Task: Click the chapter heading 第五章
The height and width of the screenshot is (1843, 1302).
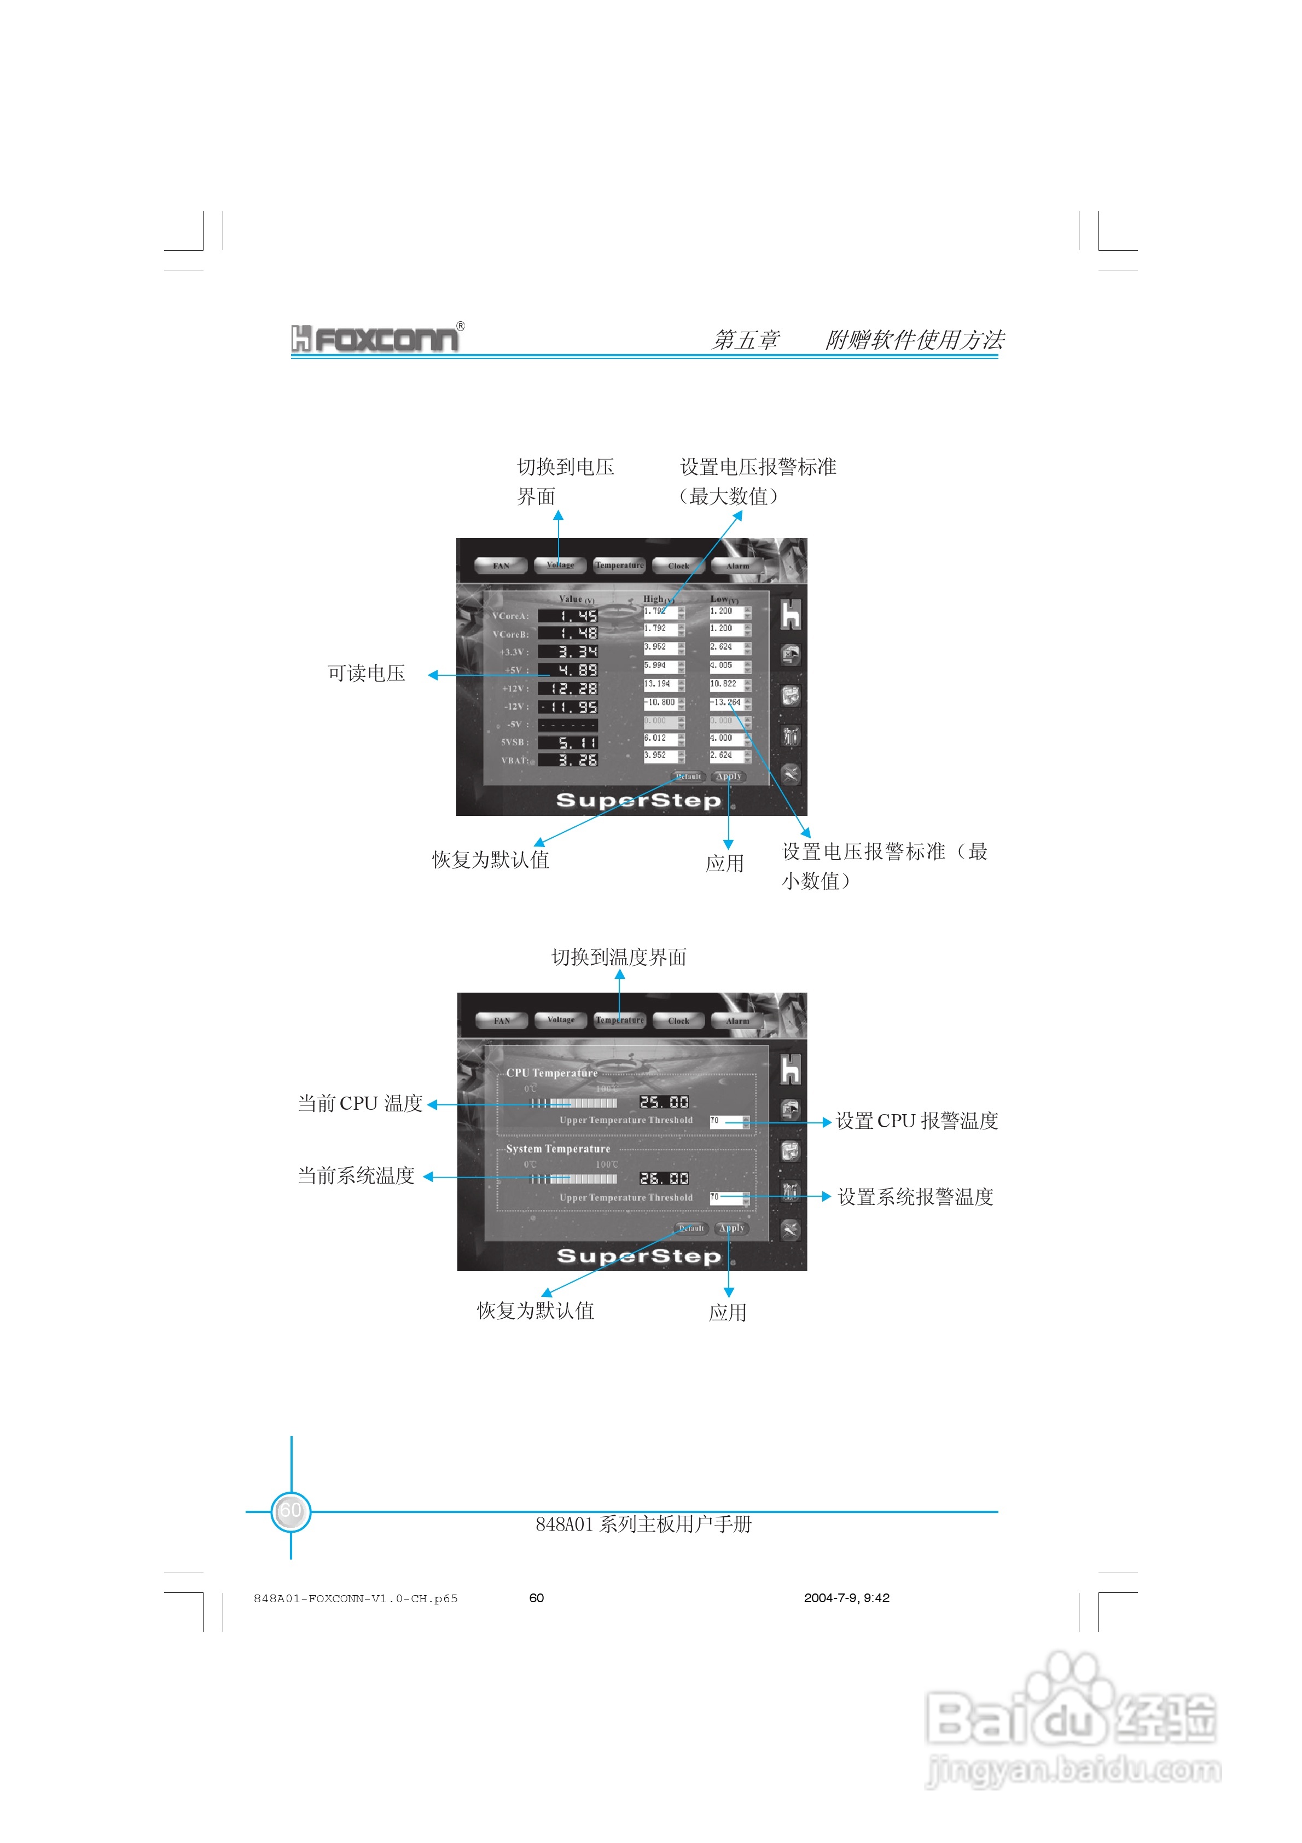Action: pyautogui.click(x=745, y=340)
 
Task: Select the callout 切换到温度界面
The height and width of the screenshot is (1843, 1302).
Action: pyautogui.click(x=618, y=957)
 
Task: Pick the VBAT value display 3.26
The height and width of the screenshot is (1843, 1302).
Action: pyautogui.click(x=567, y=760)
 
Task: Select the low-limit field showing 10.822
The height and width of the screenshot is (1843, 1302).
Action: pyautogui.click(x=725, y=685)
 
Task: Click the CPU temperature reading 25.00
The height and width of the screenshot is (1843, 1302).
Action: pyautogui.click(x=664, y=1102)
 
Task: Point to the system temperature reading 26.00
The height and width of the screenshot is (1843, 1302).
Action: pyautogui.click(x=664, y=1178)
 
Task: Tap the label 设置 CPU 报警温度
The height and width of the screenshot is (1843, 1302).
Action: pyautogui.click(x=917, y=1121)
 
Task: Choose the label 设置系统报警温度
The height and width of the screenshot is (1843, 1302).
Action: pyautogui.click(x=916, y=1197)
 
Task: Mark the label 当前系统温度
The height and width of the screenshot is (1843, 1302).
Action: pyautogui.click(x=356, y=1176)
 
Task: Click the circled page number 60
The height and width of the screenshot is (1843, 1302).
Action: pyautogui.click(x=290, y=1511)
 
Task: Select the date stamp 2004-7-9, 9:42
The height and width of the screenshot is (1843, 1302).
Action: pyautogui.click(x=846, y=1597)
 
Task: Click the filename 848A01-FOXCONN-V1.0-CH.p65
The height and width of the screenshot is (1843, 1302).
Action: pyautogui.click(x=356, y=1598)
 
